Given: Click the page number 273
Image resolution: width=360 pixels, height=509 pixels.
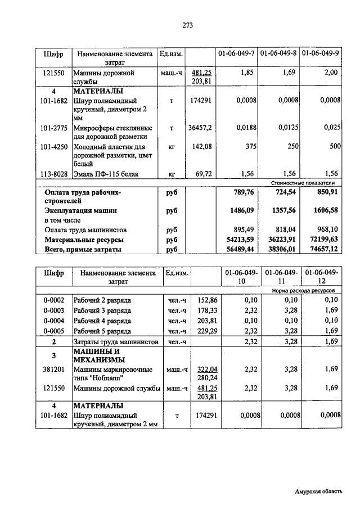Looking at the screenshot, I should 188,25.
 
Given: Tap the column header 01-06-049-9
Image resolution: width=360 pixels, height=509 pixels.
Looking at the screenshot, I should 321,55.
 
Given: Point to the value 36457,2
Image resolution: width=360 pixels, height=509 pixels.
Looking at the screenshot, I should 201,128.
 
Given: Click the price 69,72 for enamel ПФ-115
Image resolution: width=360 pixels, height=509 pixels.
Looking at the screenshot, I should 203,174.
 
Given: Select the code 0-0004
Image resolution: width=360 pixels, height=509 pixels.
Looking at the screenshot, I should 54,321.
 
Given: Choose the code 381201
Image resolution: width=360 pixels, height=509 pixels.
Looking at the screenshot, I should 54,370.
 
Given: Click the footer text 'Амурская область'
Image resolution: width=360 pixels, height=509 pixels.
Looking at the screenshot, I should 318,491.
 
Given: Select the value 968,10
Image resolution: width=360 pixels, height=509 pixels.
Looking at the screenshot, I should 326,229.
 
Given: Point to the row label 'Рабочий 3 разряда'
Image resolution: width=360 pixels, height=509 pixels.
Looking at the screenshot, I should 102,310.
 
